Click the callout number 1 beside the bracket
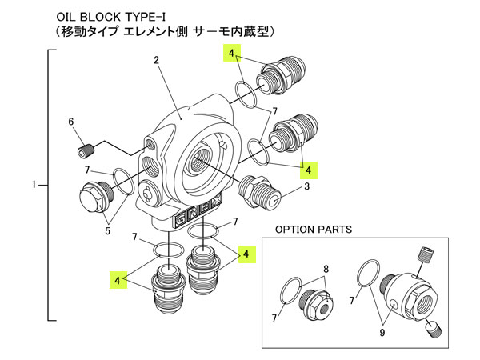click(x=34, y=186)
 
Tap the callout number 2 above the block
click(x=157, y=60)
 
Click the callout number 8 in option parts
click(x=326, y=269)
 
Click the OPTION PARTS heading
click(x=313, y=229)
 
